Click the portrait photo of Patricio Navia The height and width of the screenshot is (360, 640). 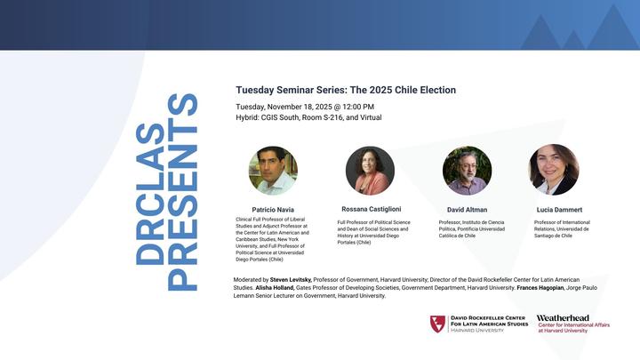coord(273,171)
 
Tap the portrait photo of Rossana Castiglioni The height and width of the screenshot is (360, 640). coord(370,171)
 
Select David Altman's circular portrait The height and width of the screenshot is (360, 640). coord(467,171)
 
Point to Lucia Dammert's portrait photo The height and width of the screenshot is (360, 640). coord(554,170)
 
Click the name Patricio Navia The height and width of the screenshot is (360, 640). coord(273,210)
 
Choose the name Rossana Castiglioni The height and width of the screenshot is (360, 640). coord(372,209)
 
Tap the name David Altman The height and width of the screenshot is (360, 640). coord(467,210)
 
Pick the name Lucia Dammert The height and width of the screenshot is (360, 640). coord(560,210)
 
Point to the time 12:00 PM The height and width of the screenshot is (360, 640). coord(358,107)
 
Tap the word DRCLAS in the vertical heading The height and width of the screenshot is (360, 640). coord(150,194)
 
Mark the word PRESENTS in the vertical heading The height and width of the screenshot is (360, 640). coord(183,192)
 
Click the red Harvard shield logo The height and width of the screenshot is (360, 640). coord(437,324)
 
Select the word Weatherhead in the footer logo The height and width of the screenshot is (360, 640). coord(563,318)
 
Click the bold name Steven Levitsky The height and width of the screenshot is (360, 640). coord(291,280)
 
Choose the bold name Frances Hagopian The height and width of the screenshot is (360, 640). coord(540,288)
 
